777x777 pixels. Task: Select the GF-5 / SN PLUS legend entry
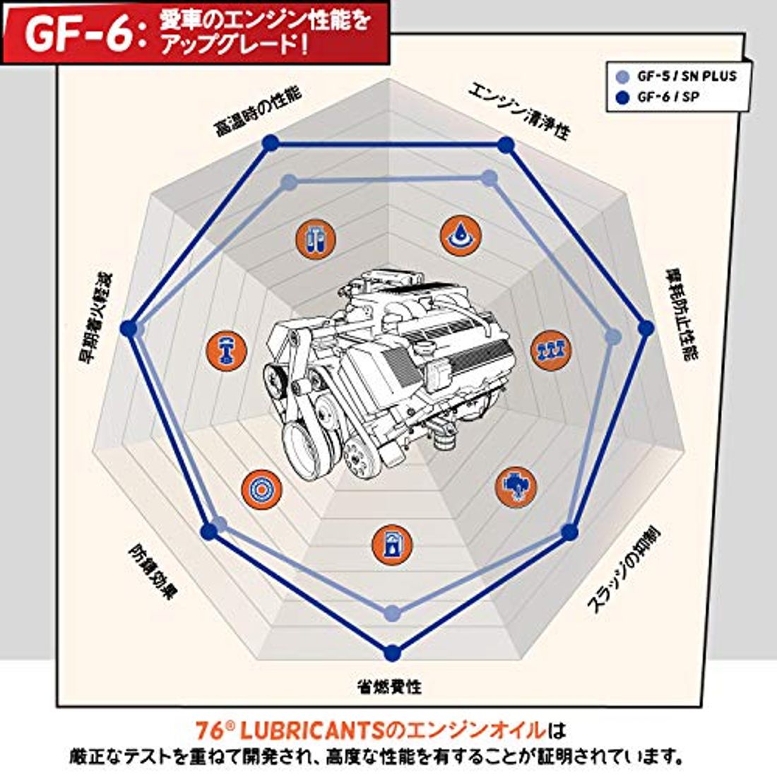pyautogui.click(x=676, y=76)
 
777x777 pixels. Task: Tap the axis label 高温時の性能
pyautogui.click(x=257, y=112)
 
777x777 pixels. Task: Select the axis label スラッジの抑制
pyautogui.click(x=623, y=570)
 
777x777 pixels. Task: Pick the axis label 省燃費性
pyautogui.click(x=389, y=687)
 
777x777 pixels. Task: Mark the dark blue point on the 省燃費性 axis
pyautogui.click(x=392, y=653)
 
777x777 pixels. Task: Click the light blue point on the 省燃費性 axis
pyautogui.click(x=393, y=613)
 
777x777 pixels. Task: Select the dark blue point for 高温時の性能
pyautogui.click(x=271, y=143)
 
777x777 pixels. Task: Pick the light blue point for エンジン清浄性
pyautogui.click(x=490, y=178)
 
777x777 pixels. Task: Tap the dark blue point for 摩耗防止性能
pyautogui.click(x=645, y=328)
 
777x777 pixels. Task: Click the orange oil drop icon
pyautogui.click(x=461, y=235)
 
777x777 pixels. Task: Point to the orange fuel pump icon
pyautogui.click(x=392, y=544)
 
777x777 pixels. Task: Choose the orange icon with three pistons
pyautogui.click(x=551, y=349)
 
